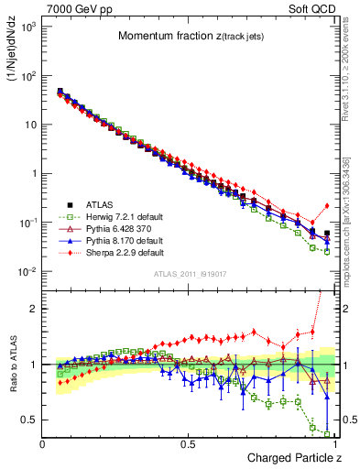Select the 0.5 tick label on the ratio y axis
(30, 420)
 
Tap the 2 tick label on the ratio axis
(35, 309)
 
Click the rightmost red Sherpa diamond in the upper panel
(327, 206)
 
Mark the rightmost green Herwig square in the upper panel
(327, 252)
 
